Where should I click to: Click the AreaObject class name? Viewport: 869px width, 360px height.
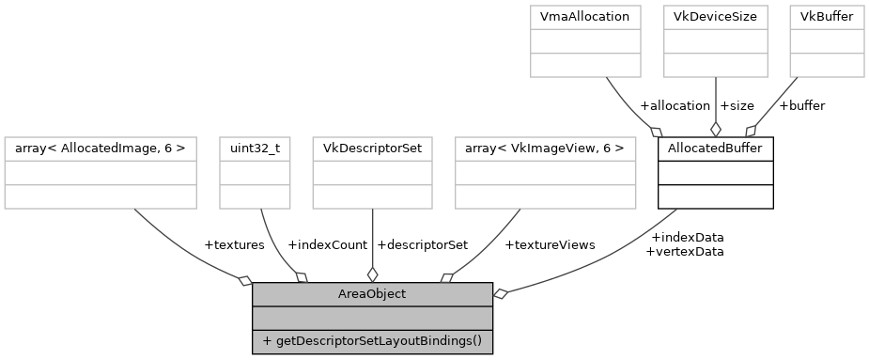coord(372,294)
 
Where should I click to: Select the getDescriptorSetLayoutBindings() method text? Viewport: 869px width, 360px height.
coord(372,340)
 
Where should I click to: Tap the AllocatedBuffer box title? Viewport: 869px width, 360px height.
coord(715,149)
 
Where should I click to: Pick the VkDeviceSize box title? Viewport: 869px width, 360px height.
coord(716,17)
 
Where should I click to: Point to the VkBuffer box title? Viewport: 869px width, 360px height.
coord(826,17)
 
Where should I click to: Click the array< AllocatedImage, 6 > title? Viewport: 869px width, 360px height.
coord(101,149)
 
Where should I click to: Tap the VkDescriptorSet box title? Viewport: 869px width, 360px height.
coord(373,149)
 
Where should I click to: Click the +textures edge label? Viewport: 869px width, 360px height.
coord(234,245)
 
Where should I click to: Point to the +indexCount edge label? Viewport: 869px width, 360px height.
coord(327,245)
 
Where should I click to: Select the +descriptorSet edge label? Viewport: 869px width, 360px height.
coord(422,245)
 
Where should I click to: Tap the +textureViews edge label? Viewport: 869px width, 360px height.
coord(550,245)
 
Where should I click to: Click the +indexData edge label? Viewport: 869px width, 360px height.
coord(687,238)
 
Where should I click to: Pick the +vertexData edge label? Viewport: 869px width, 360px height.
coord(685,252)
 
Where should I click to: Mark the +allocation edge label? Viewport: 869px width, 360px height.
coord(675,106)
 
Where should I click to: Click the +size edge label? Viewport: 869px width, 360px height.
coord(737,106)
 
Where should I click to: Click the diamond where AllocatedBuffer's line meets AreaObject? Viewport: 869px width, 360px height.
coord(501,295)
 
